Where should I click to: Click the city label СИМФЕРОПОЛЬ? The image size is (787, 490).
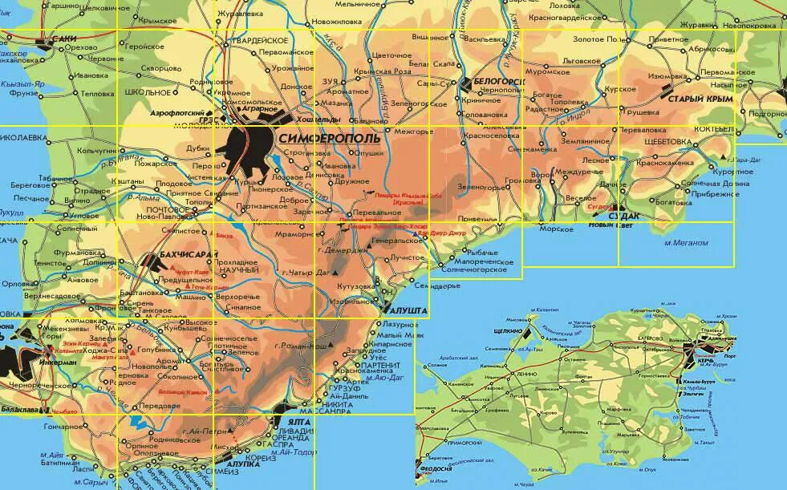pyautogui.click(x=331, y=139)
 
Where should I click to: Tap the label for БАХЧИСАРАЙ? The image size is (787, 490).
pyautogui.click(x=177, y=255)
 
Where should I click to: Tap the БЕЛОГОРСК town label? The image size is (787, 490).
pyautogui.click(x=498, y=82)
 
